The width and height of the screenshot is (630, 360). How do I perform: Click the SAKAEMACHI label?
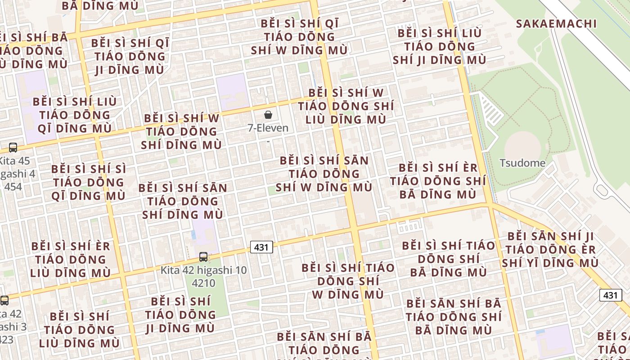pos(556,24)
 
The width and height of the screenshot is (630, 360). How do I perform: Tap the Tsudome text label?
pos(522,163)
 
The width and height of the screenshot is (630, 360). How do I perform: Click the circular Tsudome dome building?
pos(522,145)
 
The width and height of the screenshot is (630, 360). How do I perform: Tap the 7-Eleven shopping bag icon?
pos(268,115)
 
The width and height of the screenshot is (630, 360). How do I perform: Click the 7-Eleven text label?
pos(268,128)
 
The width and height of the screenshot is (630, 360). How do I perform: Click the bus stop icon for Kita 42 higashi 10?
pos(203,257)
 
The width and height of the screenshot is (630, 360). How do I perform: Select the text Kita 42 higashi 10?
pos(204,270)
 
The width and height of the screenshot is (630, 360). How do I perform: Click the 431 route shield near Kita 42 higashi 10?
pos(261,247)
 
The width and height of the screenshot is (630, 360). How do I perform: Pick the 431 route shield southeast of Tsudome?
pos(610,295)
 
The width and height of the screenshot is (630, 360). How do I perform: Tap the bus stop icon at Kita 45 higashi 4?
pos(13,147)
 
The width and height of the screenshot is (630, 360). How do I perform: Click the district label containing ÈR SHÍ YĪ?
pos(550,249)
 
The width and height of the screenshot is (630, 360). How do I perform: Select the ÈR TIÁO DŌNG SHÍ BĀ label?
pos(438,181)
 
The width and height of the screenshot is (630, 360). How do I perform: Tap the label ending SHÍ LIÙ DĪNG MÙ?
pos(346,106)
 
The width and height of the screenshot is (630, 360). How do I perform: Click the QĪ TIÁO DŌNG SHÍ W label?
pos(299,37)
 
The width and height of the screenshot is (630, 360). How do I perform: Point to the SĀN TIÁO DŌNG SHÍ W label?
pos(324,174)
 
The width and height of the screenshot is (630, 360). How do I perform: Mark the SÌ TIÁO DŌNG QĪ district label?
pos(89,182)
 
